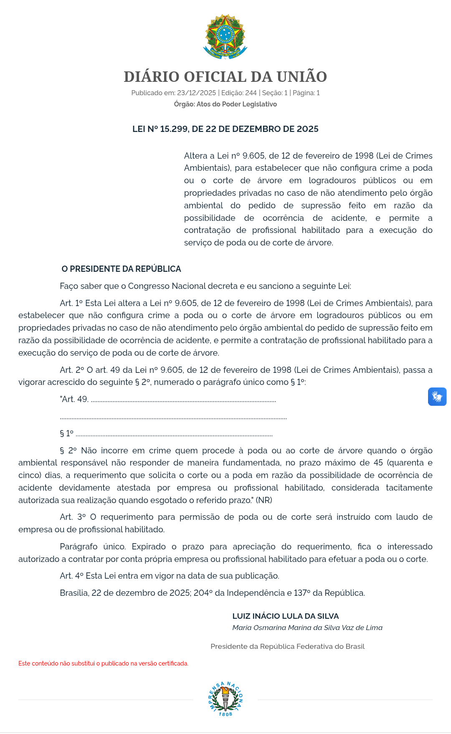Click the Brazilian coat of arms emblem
225,37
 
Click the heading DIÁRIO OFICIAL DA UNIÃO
225,77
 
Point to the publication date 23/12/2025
196,93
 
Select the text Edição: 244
239,93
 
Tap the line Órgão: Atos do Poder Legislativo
225,104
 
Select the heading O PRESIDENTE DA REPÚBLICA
121,269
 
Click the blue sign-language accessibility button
437,397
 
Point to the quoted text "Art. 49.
74,399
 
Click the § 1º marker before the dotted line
67,434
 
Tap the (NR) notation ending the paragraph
264,500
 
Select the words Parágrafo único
92,547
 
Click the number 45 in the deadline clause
378,463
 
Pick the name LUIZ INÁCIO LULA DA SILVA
286,616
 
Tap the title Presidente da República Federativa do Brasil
287,646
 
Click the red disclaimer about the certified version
103,663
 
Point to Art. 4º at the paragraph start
72,576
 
